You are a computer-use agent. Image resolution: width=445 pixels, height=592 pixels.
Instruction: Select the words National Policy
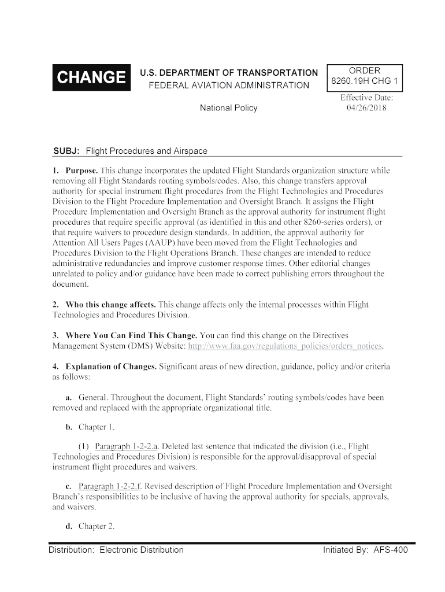click(228, 108)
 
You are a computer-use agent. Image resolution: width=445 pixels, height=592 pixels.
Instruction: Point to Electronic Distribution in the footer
click(142, 550)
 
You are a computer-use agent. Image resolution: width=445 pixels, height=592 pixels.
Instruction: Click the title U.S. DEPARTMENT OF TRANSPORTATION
click(229, 73)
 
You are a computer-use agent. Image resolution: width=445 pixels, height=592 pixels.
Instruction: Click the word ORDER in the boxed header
click(364, 71)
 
